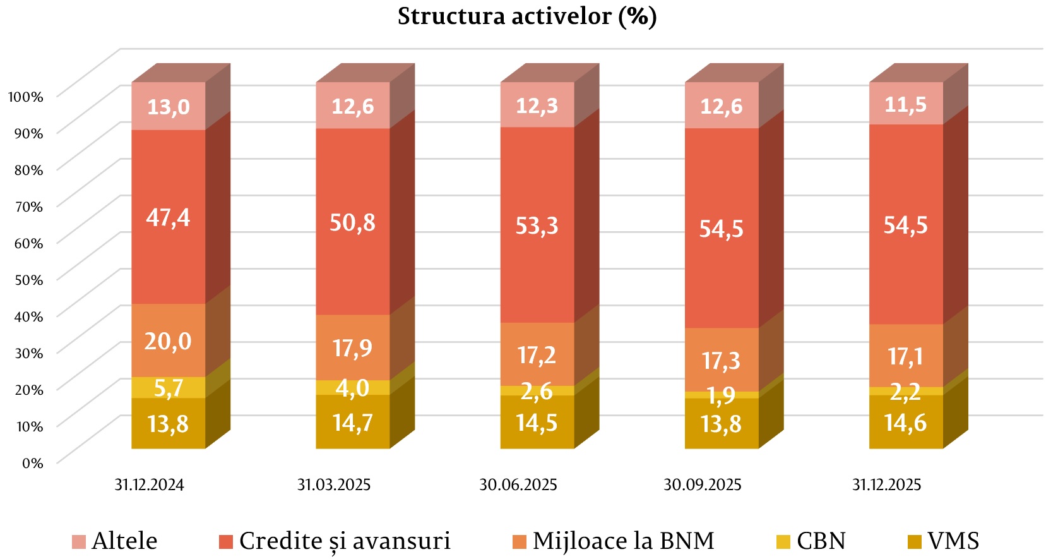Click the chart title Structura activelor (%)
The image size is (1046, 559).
point(526,16)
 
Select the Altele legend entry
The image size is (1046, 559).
point(115,541)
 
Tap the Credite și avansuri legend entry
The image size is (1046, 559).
point(335,541)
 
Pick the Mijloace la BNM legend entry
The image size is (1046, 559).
point(614,541)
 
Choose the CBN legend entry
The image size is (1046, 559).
point(811,541)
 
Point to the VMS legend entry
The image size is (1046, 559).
point(943,541)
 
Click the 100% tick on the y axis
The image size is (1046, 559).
point(25,97)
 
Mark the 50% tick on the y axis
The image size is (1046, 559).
point(28,280)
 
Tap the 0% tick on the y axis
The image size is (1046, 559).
point(32,463)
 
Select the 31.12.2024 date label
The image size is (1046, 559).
point(149,485)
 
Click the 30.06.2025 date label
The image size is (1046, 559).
point(518,485)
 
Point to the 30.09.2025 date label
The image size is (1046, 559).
point(702,485)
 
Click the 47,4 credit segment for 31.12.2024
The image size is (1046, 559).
point(168,217)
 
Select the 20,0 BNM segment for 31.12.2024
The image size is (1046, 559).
point(168,341)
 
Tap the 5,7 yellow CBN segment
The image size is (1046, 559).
point(168,387)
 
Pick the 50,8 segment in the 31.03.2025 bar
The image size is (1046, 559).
point(352,222)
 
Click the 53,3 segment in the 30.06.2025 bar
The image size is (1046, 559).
point(537,225)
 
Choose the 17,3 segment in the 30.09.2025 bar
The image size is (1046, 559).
point(721,360)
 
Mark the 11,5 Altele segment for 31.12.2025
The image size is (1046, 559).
point(905,104)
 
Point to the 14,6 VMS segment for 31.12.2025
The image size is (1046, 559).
point(905,423)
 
